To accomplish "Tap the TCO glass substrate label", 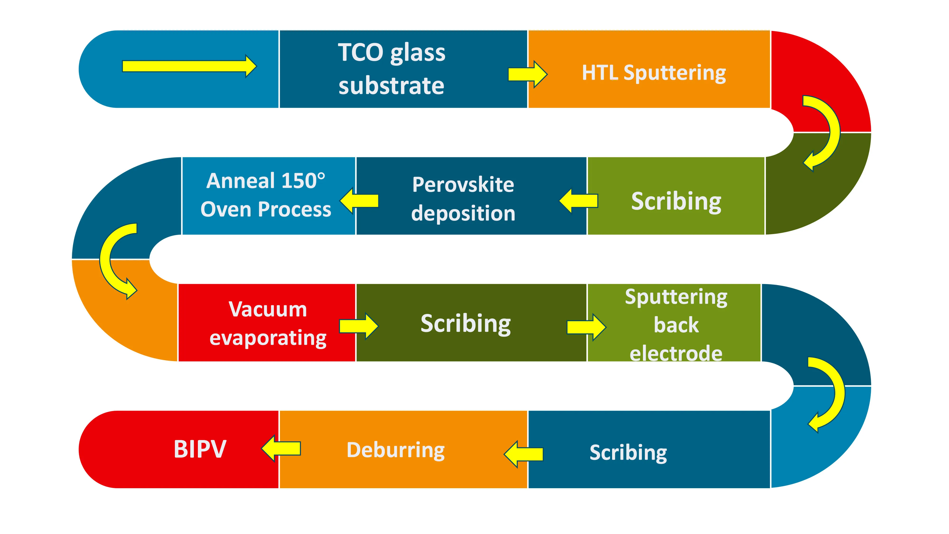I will [x=392, y=69].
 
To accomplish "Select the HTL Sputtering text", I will [x=654, y=73].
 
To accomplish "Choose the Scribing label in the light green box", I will [x=676, y=201].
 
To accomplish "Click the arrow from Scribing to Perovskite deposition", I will [x=578, y=201].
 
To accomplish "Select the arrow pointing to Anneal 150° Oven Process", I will [x=359, y=201].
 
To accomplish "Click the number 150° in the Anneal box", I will [x=303, y=181].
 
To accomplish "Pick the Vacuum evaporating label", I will [x=268, y=323].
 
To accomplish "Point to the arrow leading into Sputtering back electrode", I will [x=586, y=327].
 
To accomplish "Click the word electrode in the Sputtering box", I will [x=676, y=353].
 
